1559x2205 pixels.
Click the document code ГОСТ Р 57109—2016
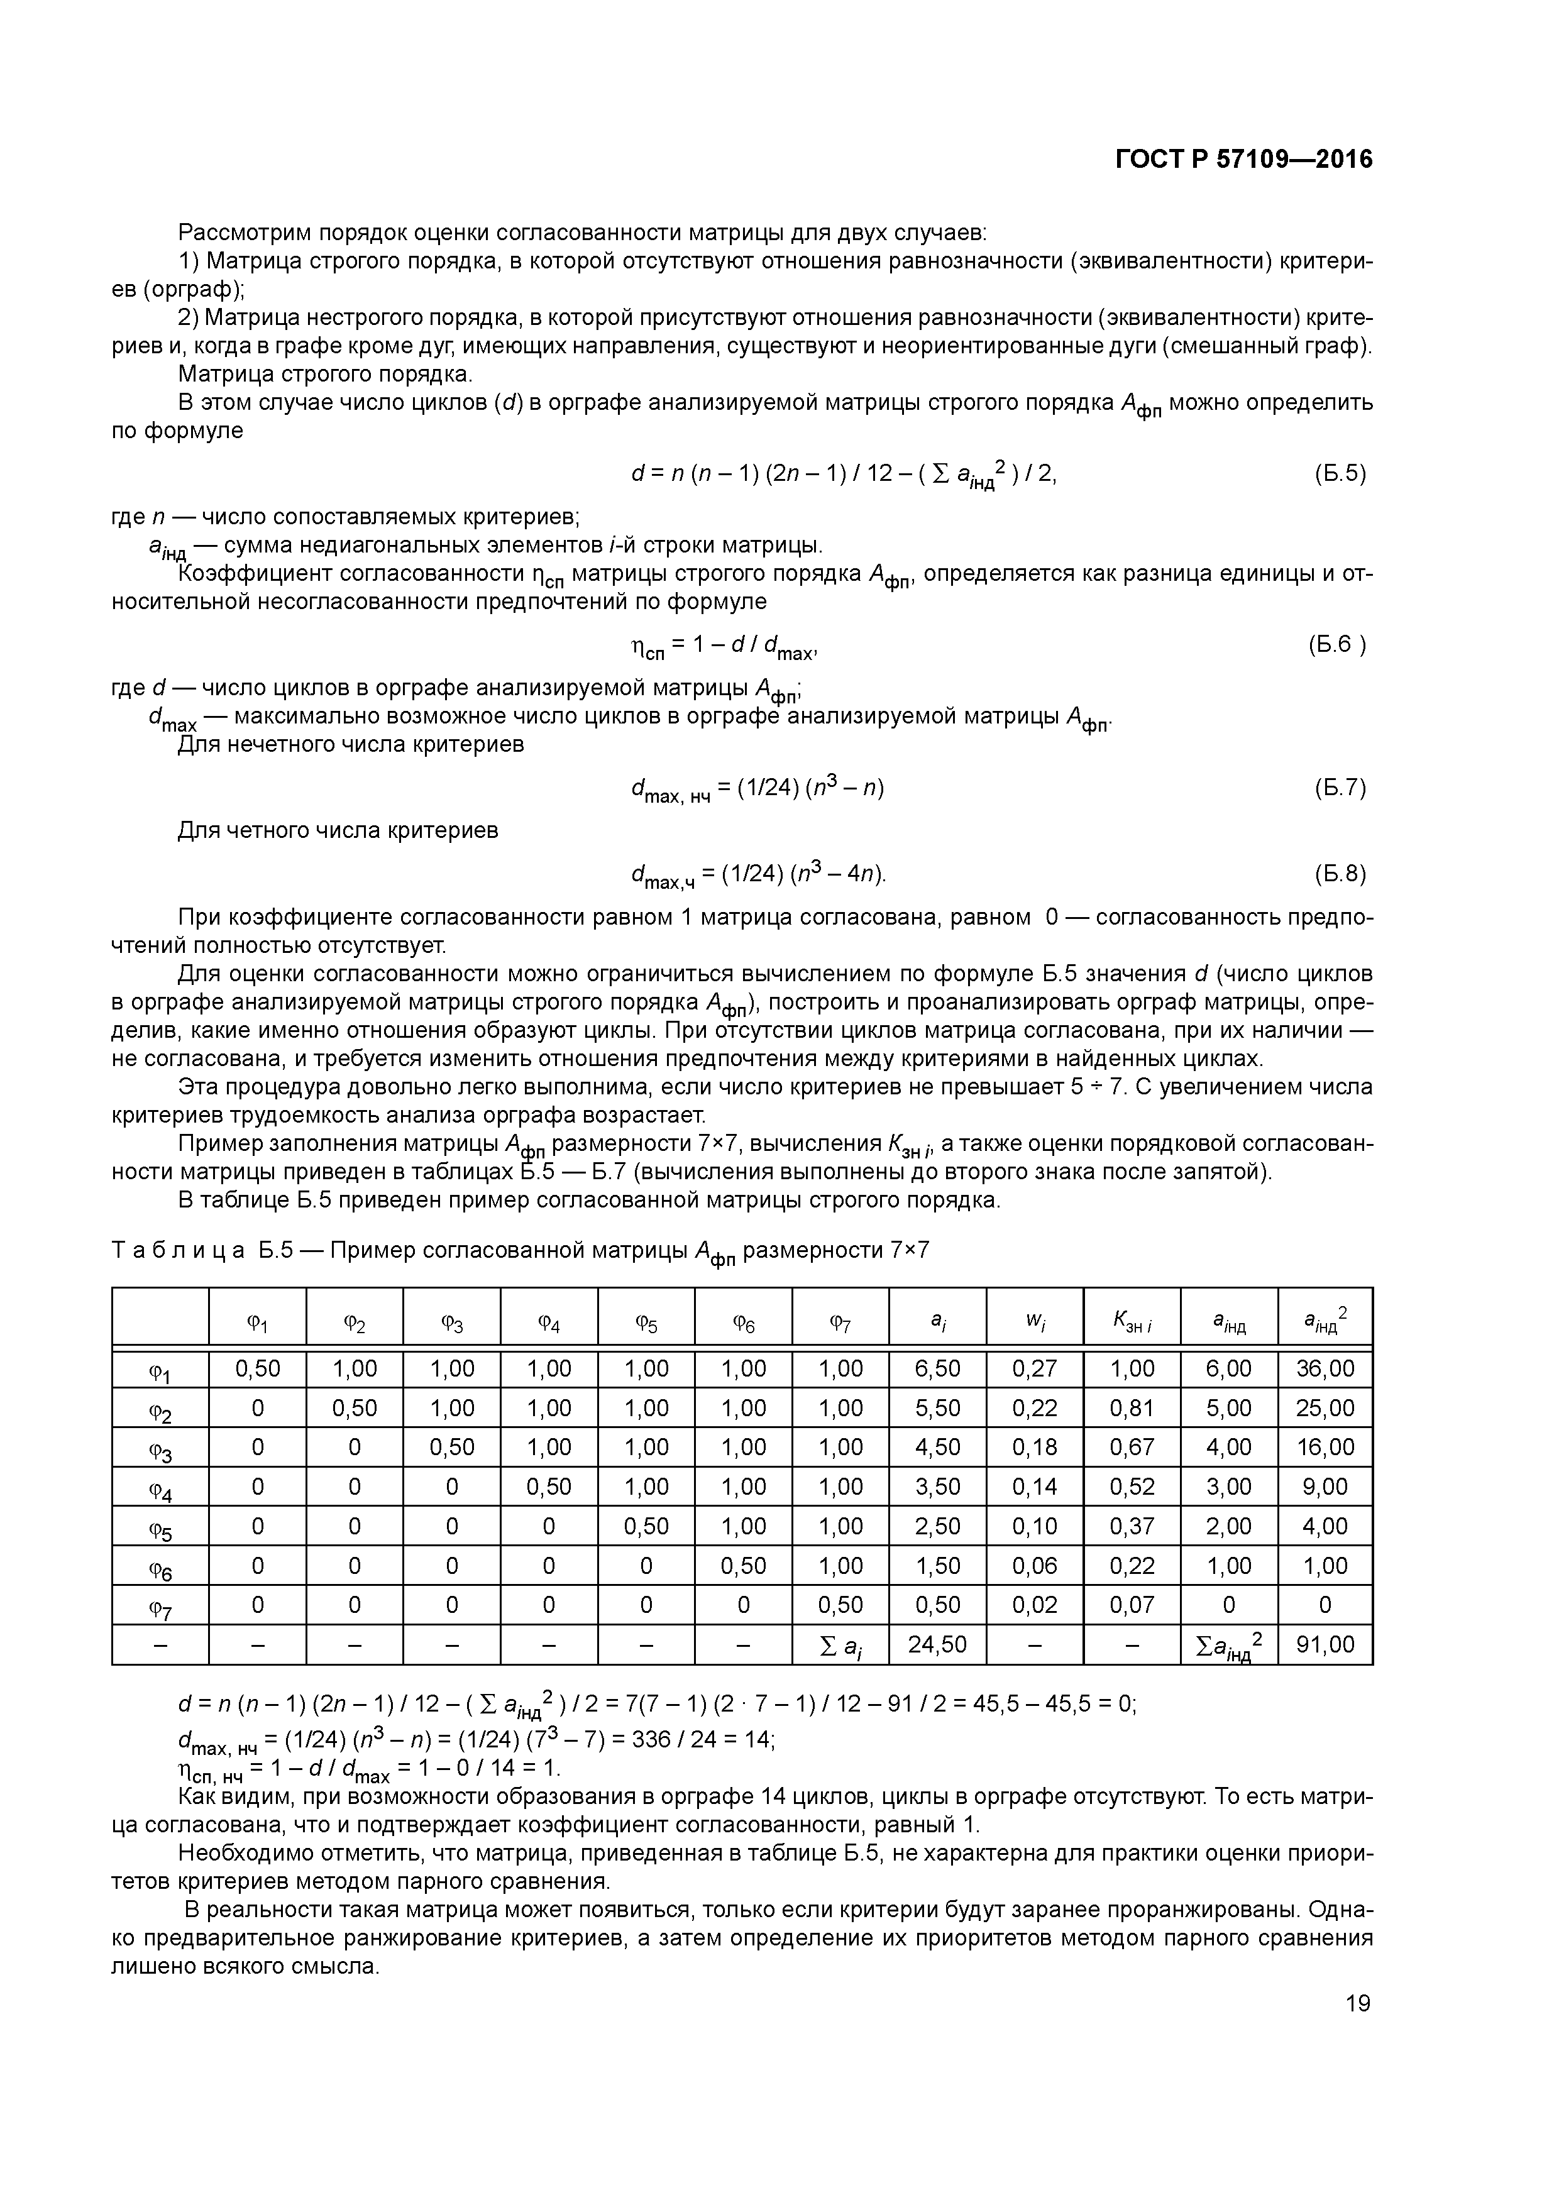(x=1244, y=160)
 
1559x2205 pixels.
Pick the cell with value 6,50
(x=937, y=1368)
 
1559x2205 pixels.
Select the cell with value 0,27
(x=1035, y=1368)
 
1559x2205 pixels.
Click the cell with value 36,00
(x=1326, y=1368)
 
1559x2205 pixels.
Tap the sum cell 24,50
(x=937, y=1645)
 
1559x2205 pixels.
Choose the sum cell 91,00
(x=1326, y=1645)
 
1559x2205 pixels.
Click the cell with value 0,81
(x=1132, y=1408)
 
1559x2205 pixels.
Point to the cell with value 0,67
(x=1132, y=1448)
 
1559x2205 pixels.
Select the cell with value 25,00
(x=1326, y=1408)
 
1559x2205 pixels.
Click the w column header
(x=1035, y=1323)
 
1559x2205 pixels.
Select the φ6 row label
(x=160, y=1567)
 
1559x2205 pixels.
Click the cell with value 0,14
(x=1035, y=1487)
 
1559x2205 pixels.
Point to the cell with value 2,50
(x=937, y=1526)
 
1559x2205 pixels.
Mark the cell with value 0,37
(x=1132, y=1526)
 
